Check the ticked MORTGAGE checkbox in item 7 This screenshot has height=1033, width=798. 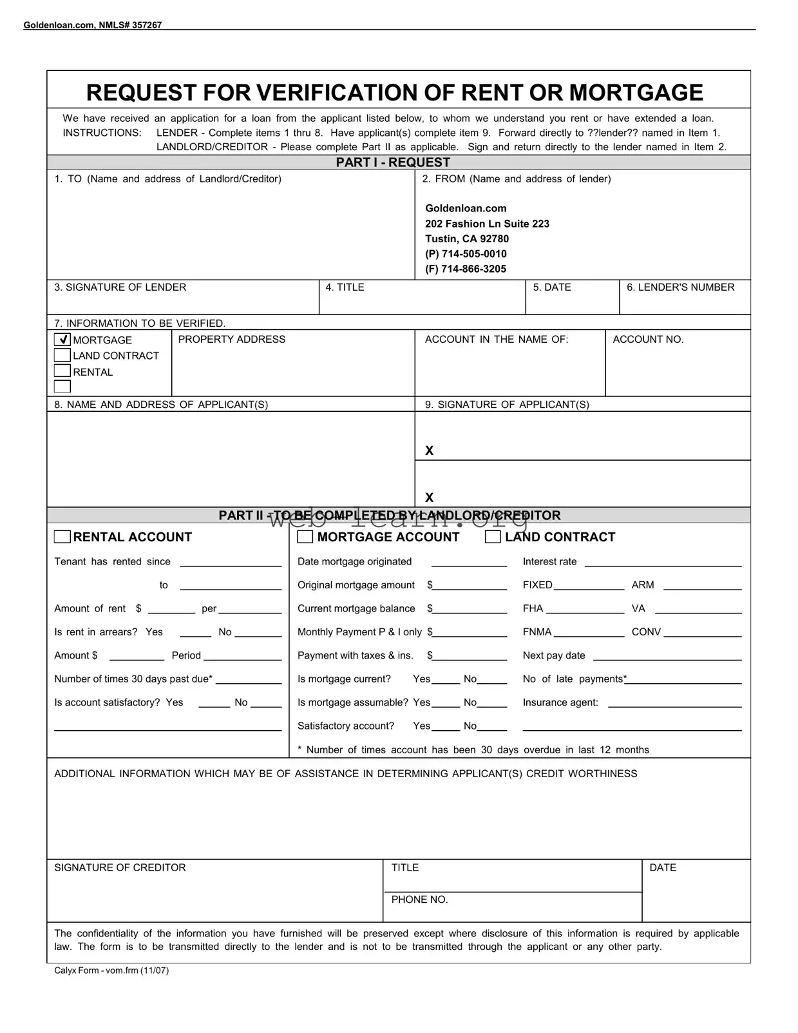[x=62, y=340]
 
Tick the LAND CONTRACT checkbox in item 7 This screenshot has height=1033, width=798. [x=62, y=356]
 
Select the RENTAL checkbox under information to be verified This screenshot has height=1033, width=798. [x=62, y=371]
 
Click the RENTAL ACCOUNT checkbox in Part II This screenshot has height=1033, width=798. [x=62, y=537]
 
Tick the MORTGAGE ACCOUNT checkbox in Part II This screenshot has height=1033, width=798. [x=305, y=537]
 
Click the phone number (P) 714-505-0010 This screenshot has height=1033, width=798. [x=466, y=254]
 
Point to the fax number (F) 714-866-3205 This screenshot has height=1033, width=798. [x=466, y=269]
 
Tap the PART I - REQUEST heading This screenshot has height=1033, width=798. [x=393, y=162]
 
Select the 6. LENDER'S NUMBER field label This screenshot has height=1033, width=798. [x=680, y=287]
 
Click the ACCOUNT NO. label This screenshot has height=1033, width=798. [x=648, y=340]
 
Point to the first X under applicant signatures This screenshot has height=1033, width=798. [x=430, y=451]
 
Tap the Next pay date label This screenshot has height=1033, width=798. [x=554, y=655]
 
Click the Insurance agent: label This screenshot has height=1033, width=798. [x=560, y=702]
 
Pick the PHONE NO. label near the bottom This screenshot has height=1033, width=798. [x=419, y=900]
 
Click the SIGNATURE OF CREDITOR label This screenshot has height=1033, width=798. [x=120, y=868]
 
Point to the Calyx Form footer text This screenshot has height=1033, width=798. [x=111, y=970]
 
